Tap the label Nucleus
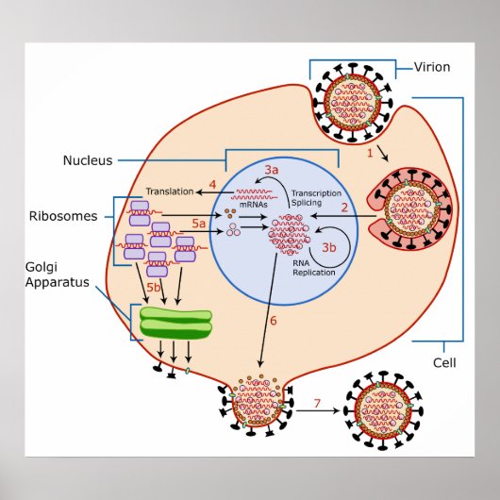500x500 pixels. click(91, 160)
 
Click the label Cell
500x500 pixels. click(445, 361)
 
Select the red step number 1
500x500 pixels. click(370, 152)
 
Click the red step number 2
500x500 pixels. click(345, 206)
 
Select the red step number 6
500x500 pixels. click(274, 321)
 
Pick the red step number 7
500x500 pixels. click(317, 404)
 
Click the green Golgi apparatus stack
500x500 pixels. click(175, 322)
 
